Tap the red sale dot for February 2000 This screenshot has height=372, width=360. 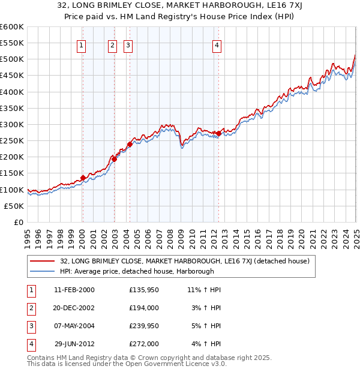[83, 178]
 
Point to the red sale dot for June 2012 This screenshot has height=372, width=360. [218, 133]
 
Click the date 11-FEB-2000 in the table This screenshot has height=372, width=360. [74, 290]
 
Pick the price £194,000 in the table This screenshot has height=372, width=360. [144, 308]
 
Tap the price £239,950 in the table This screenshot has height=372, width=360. [144, 326]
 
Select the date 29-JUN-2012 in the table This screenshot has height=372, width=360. [74, 344]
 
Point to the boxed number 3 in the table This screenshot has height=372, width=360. [31, 326]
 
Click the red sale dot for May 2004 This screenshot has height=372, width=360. [130, 144]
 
